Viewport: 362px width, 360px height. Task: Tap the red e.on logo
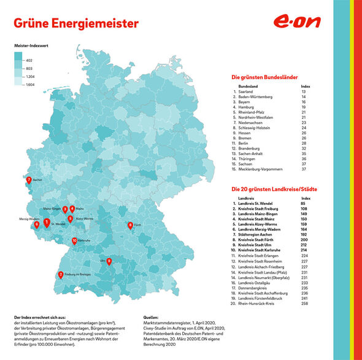pos(298,23)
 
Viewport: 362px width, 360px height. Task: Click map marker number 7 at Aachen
pos(29,181)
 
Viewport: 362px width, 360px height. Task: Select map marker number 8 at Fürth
pos(130,226)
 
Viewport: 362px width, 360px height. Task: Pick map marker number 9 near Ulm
pos(109,261)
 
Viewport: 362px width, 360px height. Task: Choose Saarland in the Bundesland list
pos(247,91)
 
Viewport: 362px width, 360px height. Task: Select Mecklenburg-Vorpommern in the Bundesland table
pos(261,168)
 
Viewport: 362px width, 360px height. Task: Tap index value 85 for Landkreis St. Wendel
pos(304,203)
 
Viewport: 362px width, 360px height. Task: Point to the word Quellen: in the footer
pos(150,318)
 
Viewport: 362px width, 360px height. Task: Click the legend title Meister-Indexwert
pos(31,46)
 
